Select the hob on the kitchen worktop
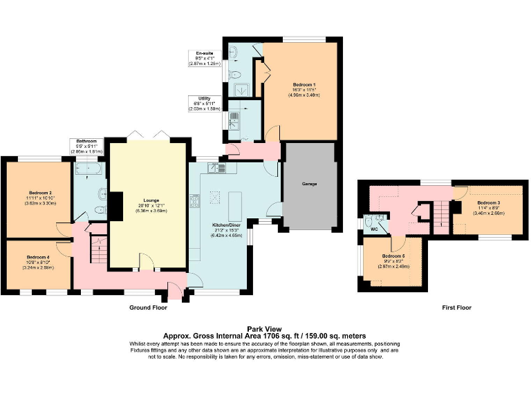click(x=195, y=201)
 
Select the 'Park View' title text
click(x=265, y=329)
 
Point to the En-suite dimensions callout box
click(x=205, y=58)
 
